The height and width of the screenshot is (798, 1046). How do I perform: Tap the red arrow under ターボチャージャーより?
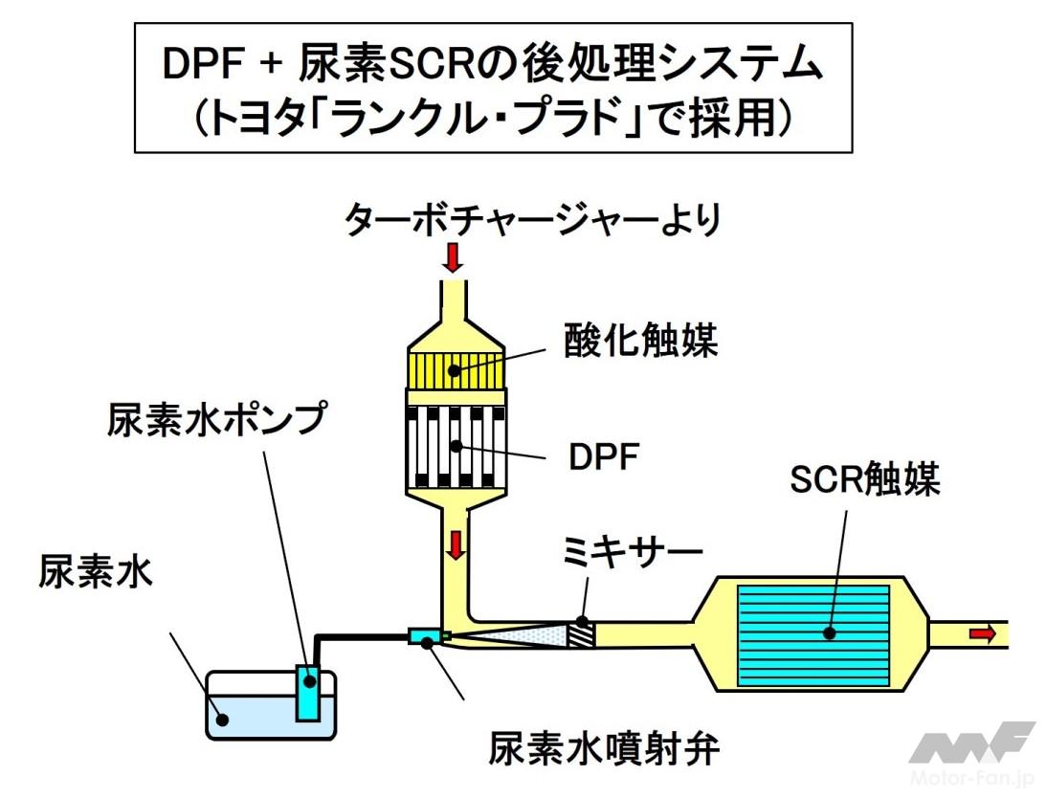pyautogui.click(x=453, y=256)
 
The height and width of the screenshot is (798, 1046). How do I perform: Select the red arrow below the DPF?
pyautogui.click(x=456, y=544)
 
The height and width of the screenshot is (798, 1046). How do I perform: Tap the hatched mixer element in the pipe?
pyautogui.click(x=581, y=633)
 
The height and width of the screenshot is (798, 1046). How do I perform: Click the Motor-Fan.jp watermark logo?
pyautogui.click(x=970, y=751)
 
